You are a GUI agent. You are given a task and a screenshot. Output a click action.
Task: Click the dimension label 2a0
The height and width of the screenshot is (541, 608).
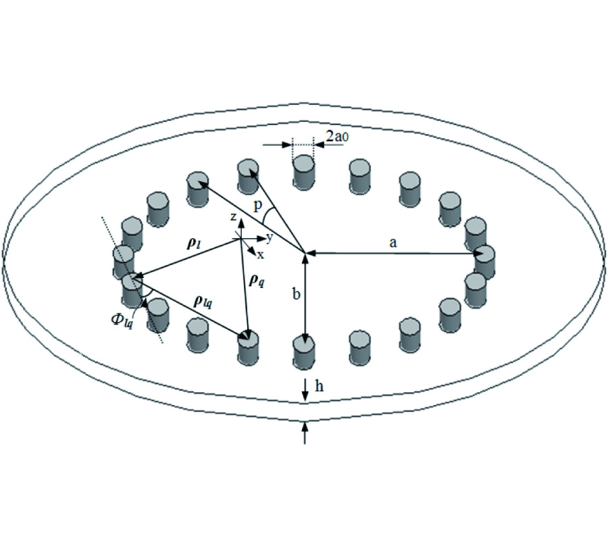click(334, 137)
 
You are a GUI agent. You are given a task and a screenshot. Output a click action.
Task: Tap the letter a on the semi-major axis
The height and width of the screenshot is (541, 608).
click(393, 243)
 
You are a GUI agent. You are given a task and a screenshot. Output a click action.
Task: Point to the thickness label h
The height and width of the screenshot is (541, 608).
click(319, 386)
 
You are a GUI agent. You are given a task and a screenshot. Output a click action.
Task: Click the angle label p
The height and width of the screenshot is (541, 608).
click(258, 206)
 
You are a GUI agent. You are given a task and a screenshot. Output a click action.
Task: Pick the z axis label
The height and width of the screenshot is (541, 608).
click(233, 217)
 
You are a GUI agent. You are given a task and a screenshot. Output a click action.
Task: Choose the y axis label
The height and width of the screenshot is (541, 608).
click(270, 237)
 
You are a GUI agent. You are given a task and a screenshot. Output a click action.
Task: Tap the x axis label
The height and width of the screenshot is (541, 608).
click(261, 254)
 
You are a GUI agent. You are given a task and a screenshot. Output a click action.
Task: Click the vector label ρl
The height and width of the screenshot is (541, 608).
click(194, 244)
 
